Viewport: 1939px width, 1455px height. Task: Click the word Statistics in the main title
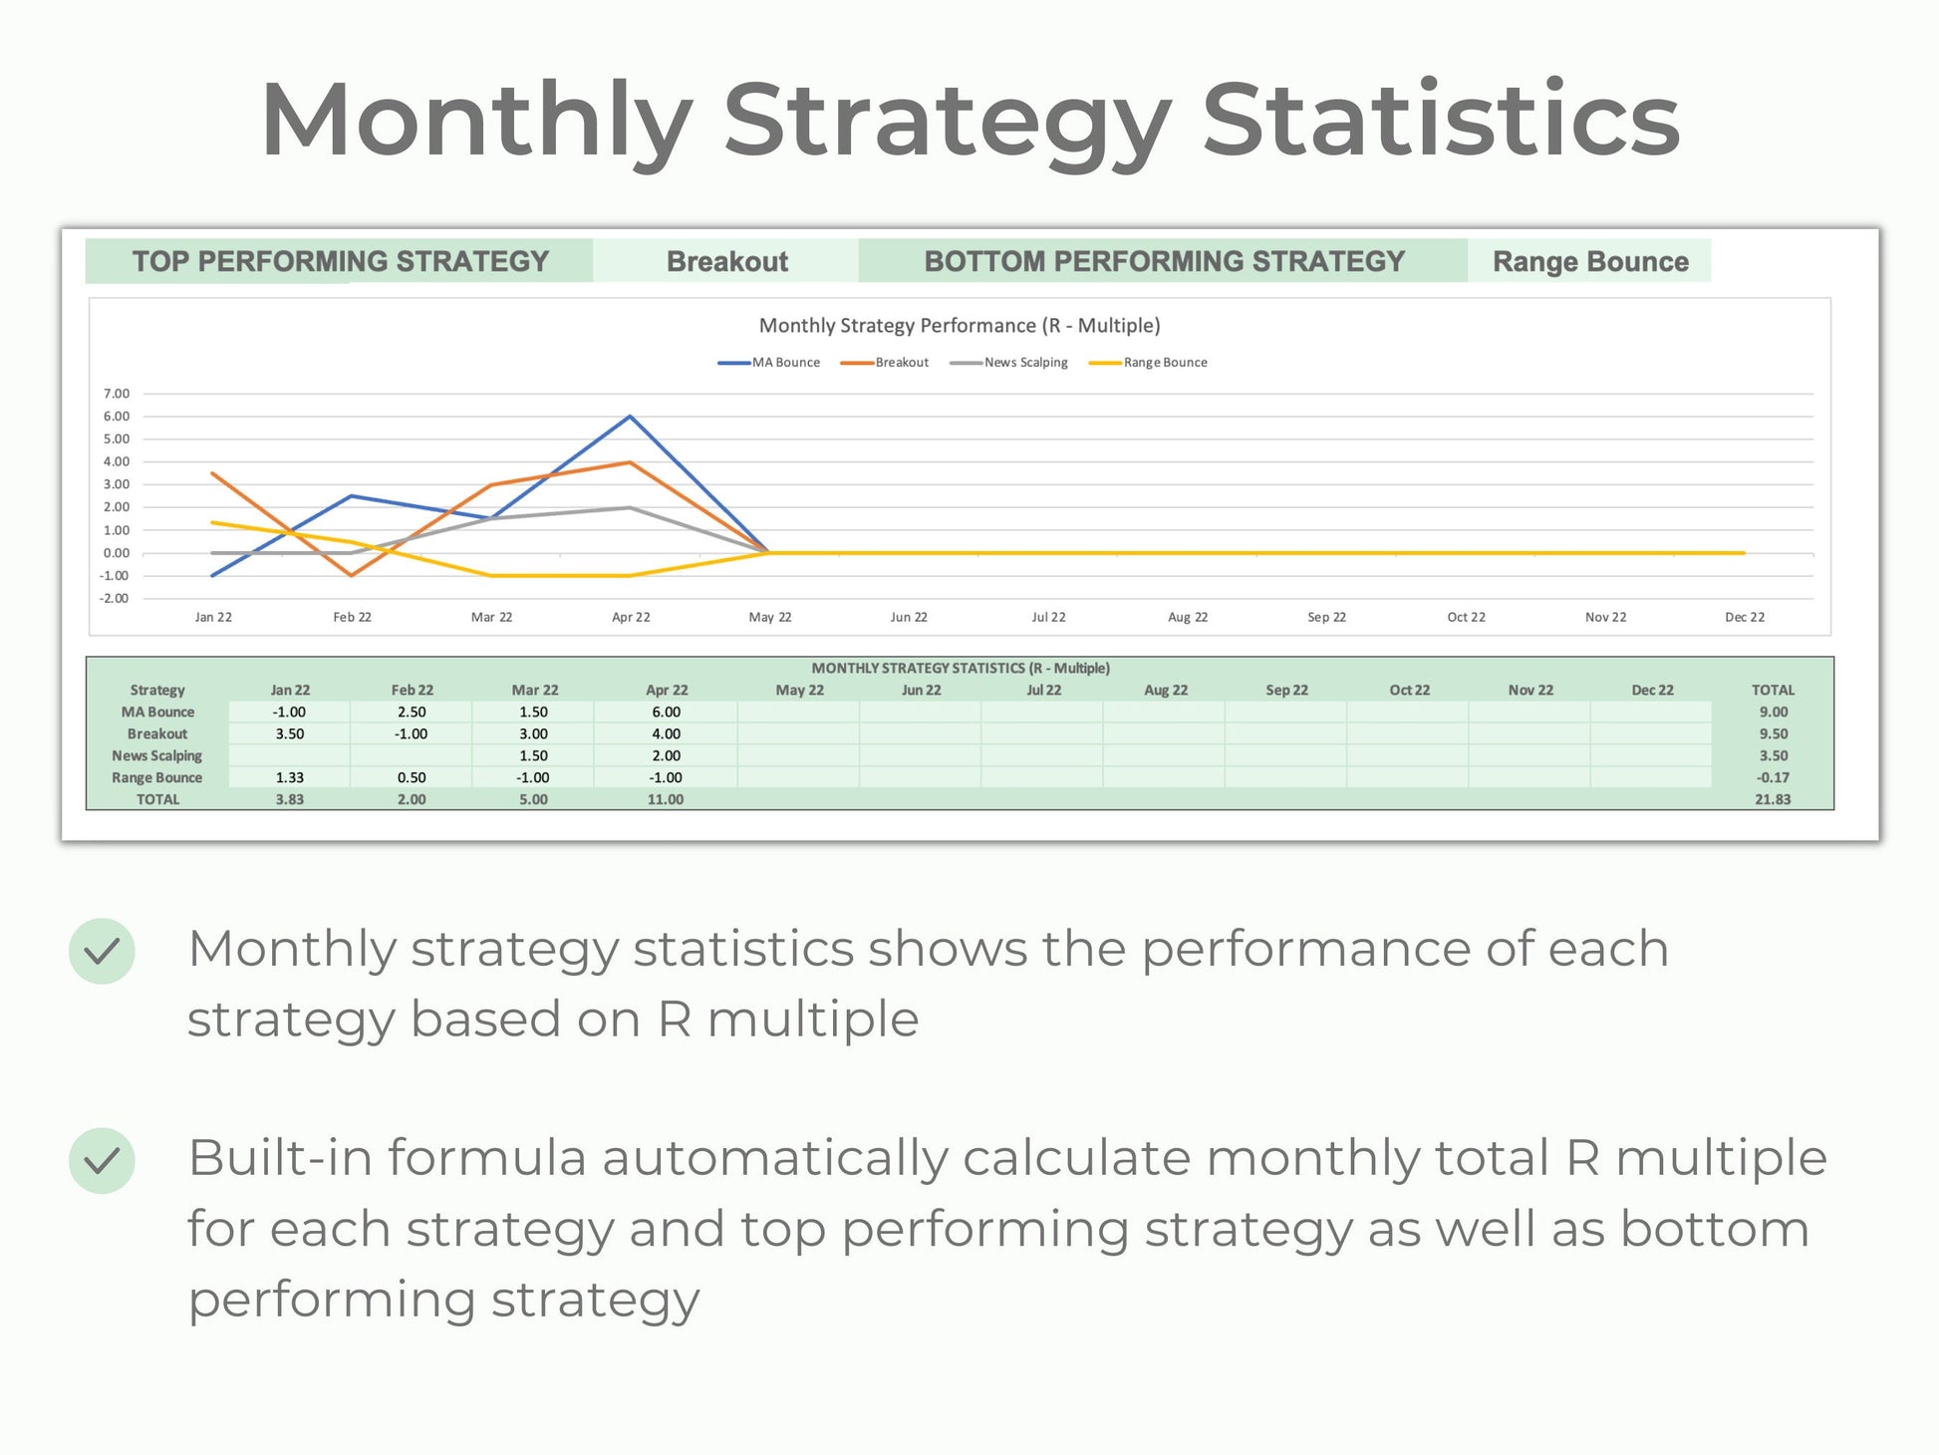(1441, 120)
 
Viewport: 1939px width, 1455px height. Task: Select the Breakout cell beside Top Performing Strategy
(726, 261)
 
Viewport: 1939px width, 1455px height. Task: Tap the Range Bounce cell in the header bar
(1589, 261)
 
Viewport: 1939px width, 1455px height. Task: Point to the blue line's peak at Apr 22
(630, 417)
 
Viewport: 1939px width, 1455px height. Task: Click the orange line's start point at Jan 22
(213, 473)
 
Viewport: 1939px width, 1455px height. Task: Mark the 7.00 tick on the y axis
(116, 394)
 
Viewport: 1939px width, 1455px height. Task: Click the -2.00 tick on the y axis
(114, 599)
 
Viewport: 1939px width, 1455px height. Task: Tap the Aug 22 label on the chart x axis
(1187, 618)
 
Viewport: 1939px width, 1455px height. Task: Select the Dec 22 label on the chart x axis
(1744, 618)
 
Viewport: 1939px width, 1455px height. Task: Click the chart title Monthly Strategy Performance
(959, 326)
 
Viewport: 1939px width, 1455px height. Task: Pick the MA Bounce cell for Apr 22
(666, 713)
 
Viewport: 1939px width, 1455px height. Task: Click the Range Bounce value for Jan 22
(290, 778)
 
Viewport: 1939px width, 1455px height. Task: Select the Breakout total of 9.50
(1773, 734)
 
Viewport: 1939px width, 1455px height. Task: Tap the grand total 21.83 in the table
(1773, 800)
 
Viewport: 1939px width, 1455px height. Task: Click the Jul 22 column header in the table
(1043, 691)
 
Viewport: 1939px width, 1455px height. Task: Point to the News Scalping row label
(156, 756)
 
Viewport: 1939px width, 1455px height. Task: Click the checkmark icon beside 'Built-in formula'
(102, 1161)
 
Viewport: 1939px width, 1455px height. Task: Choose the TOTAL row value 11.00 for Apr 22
(665, 800)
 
